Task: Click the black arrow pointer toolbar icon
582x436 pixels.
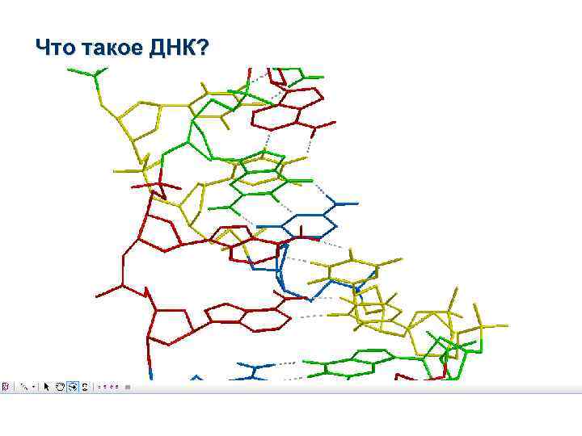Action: tap(46, 386)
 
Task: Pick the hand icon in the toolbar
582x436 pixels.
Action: tap(59, 386)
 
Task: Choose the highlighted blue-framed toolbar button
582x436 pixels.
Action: tap(72, 386)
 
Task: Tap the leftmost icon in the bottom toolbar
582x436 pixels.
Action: tap(5, 386)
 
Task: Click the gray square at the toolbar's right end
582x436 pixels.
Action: tap(127, 386)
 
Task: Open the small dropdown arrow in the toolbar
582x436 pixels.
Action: tap(34, 386)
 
